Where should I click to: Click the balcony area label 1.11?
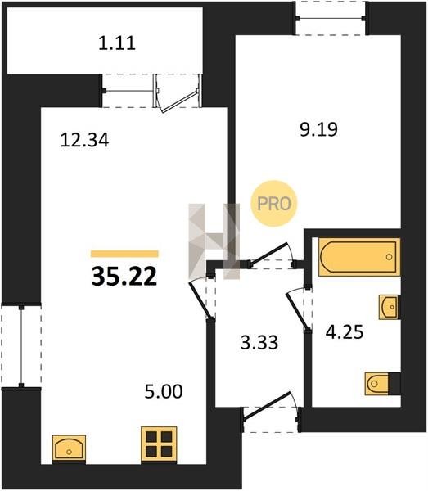point(117,43)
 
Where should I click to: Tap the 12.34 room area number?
point(84,140)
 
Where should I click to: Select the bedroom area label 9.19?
point(318,129)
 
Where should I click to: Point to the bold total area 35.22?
point(124,277)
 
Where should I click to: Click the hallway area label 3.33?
point(259,342)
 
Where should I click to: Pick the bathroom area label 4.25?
point(345,331)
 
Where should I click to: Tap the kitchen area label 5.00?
point(164,391)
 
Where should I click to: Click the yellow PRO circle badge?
point(274,204)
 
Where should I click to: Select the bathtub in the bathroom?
point(359,257)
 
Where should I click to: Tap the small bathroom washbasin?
point(389,307)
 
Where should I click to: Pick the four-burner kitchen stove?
point(159,444)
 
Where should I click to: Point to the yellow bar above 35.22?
point(124,254)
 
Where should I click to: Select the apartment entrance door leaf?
point(268,405)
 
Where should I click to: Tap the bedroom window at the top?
point(331,18)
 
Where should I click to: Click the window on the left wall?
point(21,345)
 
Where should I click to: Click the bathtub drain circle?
point(390,257)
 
